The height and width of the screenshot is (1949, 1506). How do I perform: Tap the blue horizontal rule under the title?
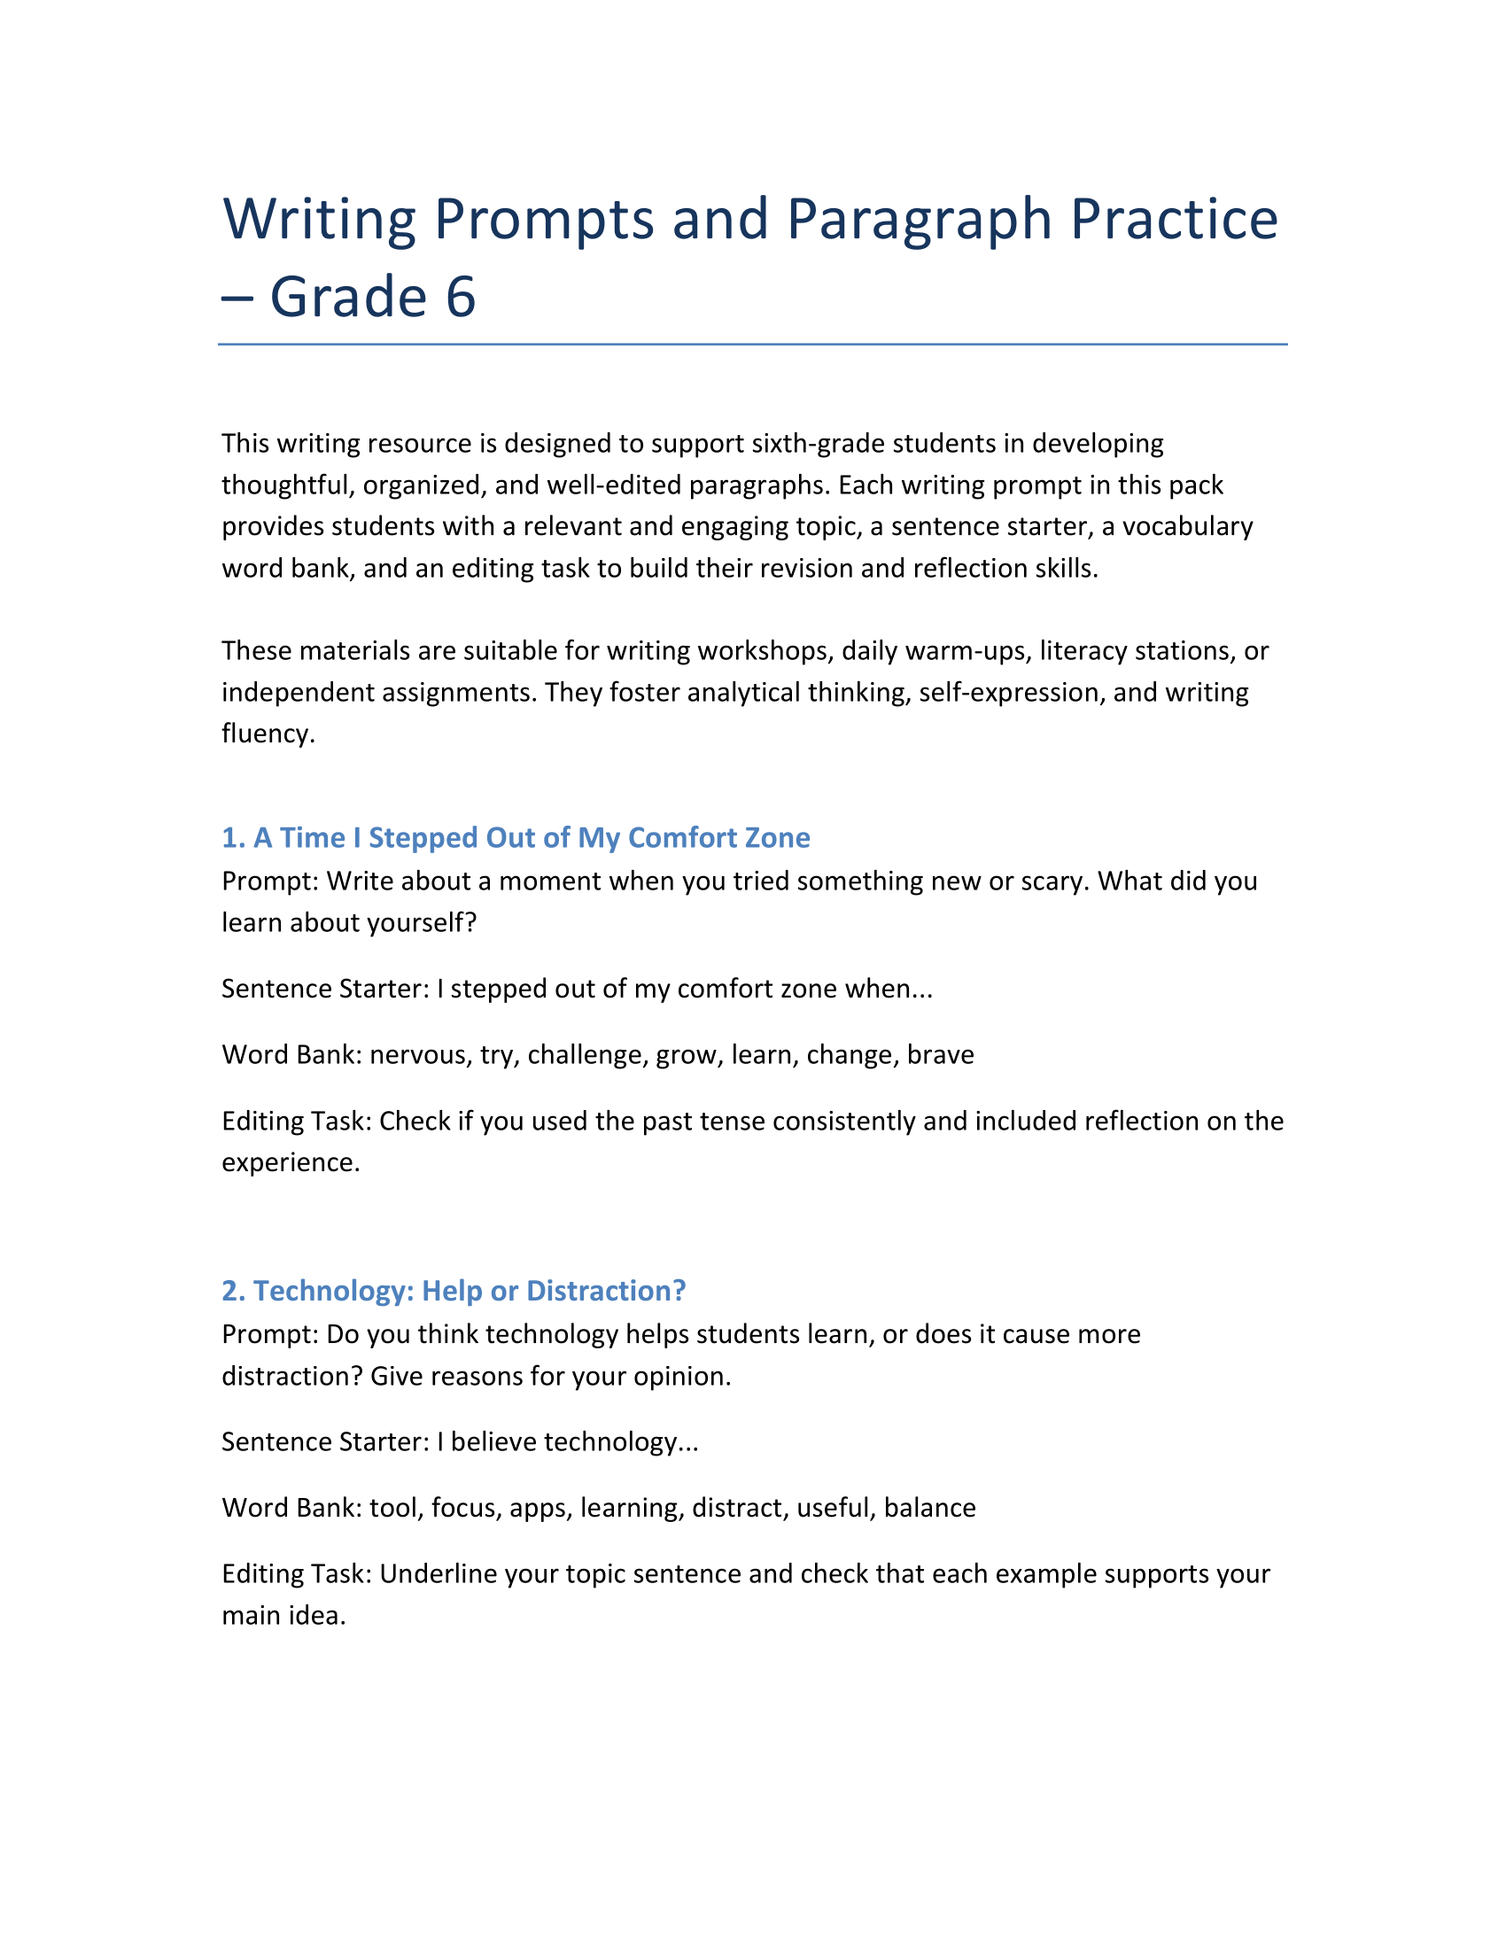[x=752, y=344]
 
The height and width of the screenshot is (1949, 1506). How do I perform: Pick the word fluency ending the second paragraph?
[x=267, y=734]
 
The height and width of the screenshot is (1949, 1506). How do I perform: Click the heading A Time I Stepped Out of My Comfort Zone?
[x=516, y=837]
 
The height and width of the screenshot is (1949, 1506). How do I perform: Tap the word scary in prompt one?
[x=1051, y=881]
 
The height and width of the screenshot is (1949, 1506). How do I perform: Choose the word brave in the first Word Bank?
[x=940, y=1055]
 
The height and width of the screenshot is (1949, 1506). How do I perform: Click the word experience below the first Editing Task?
[x=289, y=1163]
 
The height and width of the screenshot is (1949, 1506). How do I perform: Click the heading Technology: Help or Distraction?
[x=454, y=1291]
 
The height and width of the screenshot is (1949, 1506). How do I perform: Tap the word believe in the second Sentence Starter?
[x=493, y=1442]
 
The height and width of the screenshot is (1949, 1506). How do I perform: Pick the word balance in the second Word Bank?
[x=929, y=1507]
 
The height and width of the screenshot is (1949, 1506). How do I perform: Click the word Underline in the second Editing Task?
[x=437, y=1573]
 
